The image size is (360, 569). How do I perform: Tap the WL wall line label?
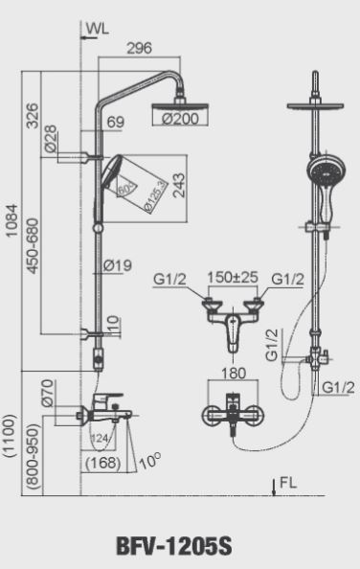click(x=97, y=29)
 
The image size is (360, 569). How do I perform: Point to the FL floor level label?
click(x=288, y=482)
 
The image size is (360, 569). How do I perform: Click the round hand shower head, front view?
click(x=317, y=172)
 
